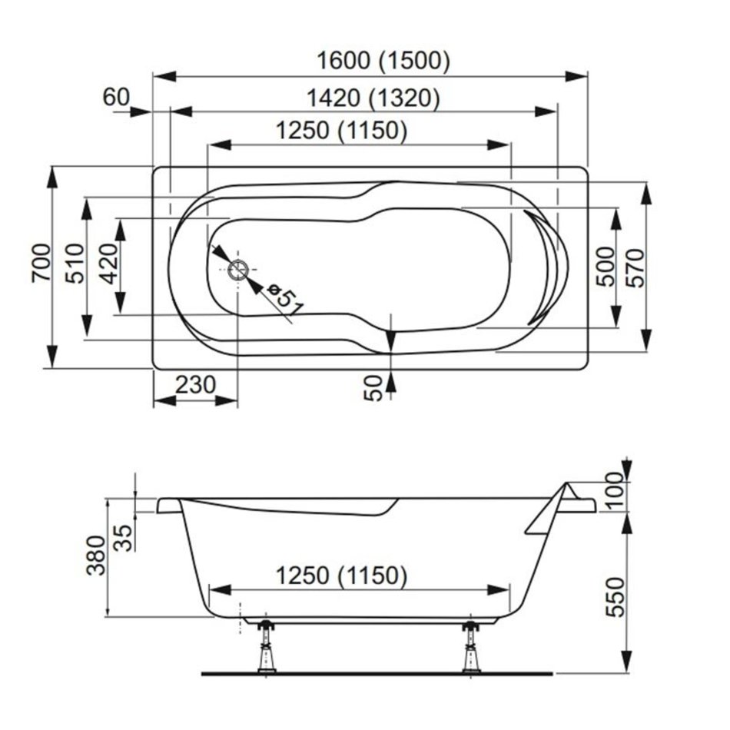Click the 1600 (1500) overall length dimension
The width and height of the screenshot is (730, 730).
point(383,61)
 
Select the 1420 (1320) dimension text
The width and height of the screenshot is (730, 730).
point(373,98)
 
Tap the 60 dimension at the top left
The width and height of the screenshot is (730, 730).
point(116,98)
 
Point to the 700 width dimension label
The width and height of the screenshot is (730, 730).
point(42,263)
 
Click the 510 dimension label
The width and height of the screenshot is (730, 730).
point(75,264)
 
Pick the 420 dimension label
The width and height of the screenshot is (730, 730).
point(109,264)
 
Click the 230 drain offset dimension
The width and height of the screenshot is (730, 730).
point(195,385)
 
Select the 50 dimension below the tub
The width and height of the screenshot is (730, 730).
point(373,388)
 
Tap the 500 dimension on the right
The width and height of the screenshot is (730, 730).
point(606,267)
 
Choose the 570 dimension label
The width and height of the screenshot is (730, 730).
point(637,267)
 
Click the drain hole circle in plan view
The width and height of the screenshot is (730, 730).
point(239,270)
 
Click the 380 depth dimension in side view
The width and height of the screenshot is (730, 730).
point(97,556)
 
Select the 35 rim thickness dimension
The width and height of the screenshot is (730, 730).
point(124,538)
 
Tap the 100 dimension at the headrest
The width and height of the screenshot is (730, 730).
point(615,491)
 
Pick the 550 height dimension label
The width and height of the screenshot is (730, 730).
point(616,597)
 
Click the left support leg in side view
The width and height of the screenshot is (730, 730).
point(267,646)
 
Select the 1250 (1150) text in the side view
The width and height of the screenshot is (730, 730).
point(342,576)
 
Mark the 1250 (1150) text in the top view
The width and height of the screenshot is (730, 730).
point(342,131)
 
